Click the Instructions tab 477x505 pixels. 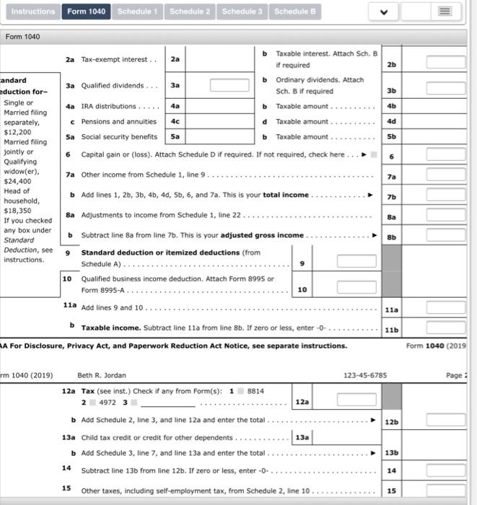pyautogui.click(x=33, y=12)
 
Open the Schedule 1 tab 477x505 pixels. pyautogui.click(x=138, y=12)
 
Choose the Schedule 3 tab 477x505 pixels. pyautogui.click(x=242, y=12)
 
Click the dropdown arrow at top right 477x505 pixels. pyautogui.click(x=384, y=12)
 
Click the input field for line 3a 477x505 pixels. pyautogui.click(x=229, y=85)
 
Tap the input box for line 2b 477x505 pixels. pyautogui.click(x=445, y=63)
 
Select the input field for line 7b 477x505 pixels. pyautogui.click(x=445, y=196)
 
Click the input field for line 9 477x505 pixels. pyautogui.click(x=356, y=262)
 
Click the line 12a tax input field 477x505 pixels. pyautogui.click(x=356, y=400)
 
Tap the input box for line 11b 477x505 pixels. pyautogui.click(x=445, y=328)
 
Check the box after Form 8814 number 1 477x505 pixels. pyautogui.click(x=242, y=390)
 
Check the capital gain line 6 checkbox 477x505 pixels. pyautogui.click(x=373, y=155)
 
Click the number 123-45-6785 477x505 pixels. pyautogui.click(x=365, y=375)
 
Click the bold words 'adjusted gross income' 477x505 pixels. pyautogui.click(x=262, y=236)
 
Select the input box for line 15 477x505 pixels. pyautogui.click(x=445, y=491)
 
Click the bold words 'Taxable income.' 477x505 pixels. pyautogui.click(x=110, y=328)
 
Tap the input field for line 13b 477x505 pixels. pyautogui.click(x=445, y=452)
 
